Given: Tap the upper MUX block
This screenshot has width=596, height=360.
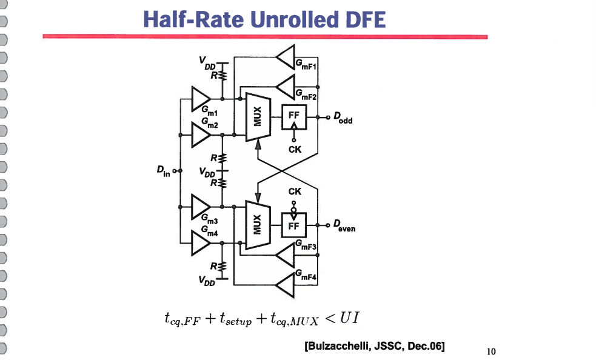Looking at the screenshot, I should point(257,116).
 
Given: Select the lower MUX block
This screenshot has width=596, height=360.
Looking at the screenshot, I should point(257,224).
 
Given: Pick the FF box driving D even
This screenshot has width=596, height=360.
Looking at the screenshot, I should point(294,224).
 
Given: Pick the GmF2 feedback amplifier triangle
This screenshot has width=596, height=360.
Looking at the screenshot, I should point(285,87).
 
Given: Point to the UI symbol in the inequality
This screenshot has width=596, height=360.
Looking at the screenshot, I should point(353,318).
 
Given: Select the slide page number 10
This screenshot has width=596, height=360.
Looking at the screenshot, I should point(491,351).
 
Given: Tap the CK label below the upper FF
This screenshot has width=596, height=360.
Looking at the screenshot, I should point(294,148).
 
